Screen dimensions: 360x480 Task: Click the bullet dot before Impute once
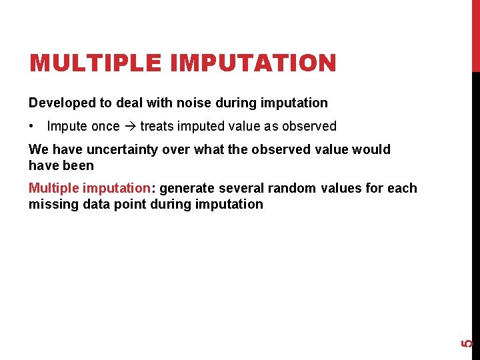(x=32, y=126)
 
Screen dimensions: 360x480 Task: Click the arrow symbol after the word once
(x=130, y=126)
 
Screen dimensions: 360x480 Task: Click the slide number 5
(x=468, y=343)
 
